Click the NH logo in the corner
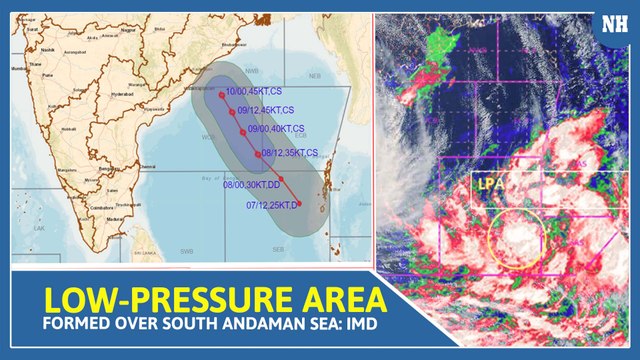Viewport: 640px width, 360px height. [x=611, y=27]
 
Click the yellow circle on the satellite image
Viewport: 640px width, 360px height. [x=517, y=239]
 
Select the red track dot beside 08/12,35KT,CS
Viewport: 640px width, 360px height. [x=258, y=154]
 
